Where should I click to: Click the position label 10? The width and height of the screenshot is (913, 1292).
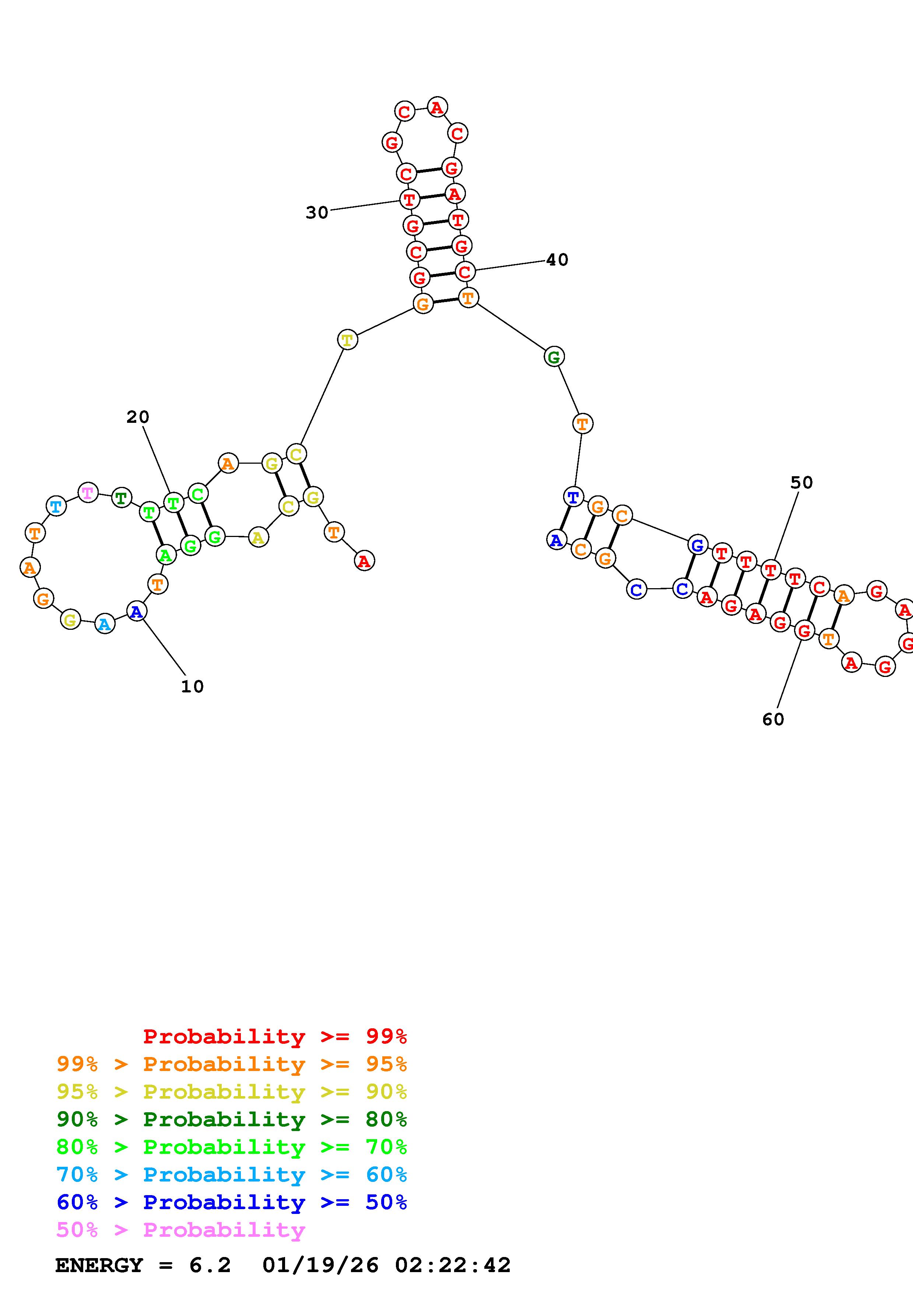192,687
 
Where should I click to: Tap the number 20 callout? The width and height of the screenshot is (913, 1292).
138,417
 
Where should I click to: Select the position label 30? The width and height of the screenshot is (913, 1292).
317,213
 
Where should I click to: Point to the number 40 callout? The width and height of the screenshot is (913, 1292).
557,260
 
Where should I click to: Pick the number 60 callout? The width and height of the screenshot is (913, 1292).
773,719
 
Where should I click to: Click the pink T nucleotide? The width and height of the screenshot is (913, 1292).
88,493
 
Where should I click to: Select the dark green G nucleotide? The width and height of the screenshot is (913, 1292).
554,357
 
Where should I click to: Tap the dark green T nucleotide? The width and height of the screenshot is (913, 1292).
122,498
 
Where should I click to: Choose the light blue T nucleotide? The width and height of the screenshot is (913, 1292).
56,506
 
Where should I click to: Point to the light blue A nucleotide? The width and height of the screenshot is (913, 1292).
105,624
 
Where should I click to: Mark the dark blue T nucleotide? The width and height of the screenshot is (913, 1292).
573,498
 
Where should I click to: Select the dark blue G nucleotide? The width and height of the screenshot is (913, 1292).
697,545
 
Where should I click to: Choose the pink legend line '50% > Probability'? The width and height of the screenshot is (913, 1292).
180,1230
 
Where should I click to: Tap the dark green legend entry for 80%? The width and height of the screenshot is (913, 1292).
231,1120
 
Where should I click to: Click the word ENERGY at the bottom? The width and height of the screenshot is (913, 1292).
99,1265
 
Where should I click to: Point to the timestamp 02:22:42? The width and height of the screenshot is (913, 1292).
453,1265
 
